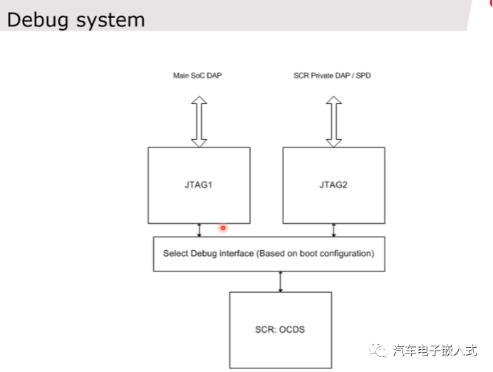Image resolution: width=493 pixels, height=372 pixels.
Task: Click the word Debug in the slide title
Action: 36,19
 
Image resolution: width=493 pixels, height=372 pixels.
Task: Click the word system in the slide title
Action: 108,20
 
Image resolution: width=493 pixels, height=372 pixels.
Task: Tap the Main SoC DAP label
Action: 198,76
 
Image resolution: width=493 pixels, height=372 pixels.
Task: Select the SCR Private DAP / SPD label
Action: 332,76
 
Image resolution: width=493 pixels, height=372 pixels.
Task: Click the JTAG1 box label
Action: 199,185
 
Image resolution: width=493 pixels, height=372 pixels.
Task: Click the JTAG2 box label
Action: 333,185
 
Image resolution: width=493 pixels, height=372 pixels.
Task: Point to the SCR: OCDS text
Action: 280,329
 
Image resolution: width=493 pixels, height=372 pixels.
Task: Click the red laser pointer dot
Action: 223,228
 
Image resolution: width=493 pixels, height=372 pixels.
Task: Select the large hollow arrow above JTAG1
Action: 199,121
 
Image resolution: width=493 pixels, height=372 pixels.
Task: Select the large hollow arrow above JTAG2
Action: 333,121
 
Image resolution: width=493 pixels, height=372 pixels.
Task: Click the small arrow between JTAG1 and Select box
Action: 199,229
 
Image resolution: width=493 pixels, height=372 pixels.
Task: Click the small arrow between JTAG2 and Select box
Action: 333,229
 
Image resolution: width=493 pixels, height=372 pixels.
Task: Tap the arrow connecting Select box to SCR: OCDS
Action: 281,281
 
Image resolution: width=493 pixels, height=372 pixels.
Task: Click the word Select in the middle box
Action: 175,253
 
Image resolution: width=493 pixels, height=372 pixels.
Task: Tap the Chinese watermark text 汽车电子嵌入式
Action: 435,350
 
